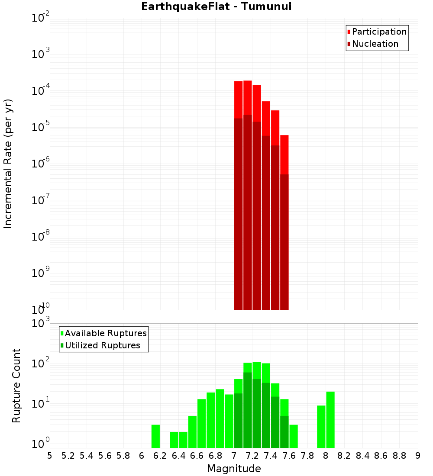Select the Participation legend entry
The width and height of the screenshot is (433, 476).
pyautogui.click(x=379, y=32)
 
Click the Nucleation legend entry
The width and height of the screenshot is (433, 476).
pyautogui.click(x=375, y=44)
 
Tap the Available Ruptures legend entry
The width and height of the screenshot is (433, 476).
pyautogui.click(x=106, y=333)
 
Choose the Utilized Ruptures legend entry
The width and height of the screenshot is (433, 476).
pyautogui.click(x=102, y=345)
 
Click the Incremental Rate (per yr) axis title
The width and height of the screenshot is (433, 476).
pyautogui.click(x=8, y=164)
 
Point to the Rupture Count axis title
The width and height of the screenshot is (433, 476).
pyautogui.click(x=16, y=386)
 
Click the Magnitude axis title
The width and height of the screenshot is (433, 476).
pyautogui.click(x=234, y=469)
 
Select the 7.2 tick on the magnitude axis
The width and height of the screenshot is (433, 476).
pyautogui.click(x=252, y=456)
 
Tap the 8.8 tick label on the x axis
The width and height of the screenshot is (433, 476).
pyautogui.click(x=400, y=456)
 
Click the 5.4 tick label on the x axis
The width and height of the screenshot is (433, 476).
pyautogui.click(x=87, y=456)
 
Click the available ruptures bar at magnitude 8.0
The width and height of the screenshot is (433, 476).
pyautogui.click(x=330, y=420)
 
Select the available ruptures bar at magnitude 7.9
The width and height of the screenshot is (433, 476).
pyautogui.click(x=321, y=427)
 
